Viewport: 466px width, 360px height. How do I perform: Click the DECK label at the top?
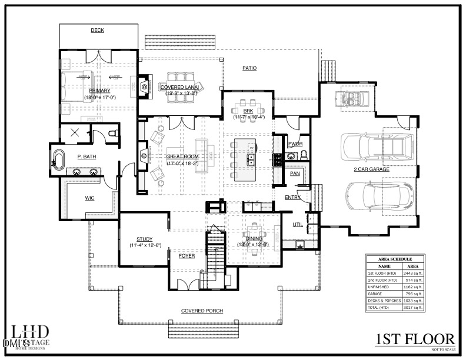coord(97,30)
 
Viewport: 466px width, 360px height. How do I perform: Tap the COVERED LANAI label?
coord(180,87)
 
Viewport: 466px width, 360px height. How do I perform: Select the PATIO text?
coord(249,68)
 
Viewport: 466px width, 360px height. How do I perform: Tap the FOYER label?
coord(187,256)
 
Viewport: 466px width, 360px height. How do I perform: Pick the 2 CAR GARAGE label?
coord(371,169)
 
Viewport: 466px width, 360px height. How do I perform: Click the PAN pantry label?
coord(295,174)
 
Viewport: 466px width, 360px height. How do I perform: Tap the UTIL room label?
coord(298,225)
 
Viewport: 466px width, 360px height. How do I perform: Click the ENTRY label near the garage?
coord(292,198)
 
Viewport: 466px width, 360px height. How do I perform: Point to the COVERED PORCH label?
coord(202,311)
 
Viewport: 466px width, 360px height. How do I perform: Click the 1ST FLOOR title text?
coord(415,339)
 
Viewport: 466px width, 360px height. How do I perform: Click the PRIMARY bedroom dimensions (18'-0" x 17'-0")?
coord(99,97)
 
